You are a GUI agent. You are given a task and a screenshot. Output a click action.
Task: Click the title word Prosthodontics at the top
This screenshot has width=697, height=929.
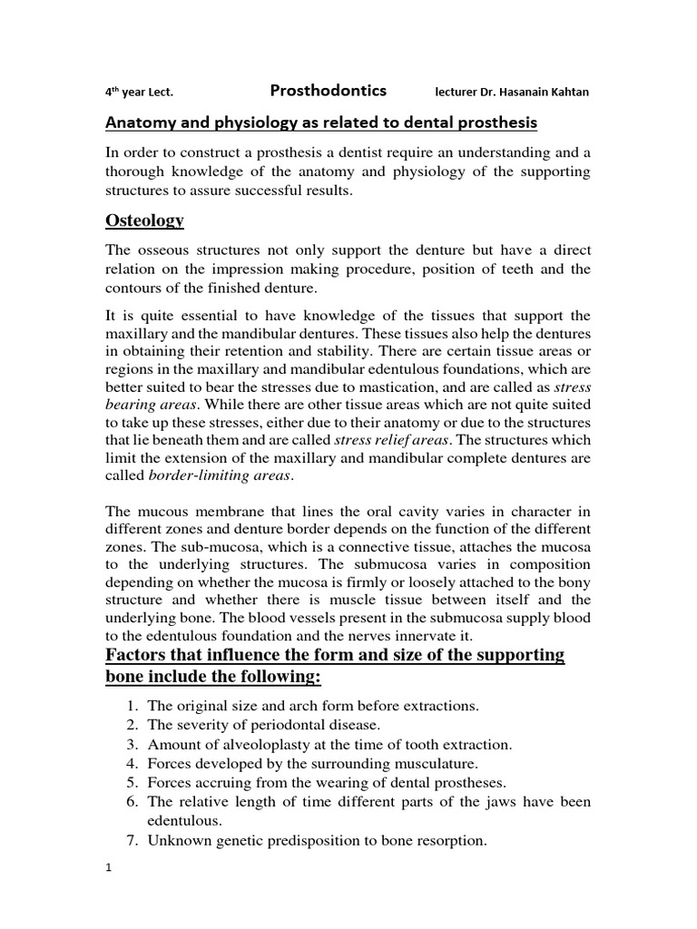click(x=328, y=90)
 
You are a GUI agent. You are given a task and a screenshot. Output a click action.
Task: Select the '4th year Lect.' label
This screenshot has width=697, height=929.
click(x=136, y=92)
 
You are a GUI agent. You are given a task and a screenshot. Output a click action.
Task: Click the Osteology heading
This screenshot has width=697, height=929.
click(x=145, y=220)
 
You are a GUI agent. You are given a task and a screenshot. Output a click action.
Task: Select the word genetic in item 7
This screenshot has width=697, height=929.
click(x=248, y=841)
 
